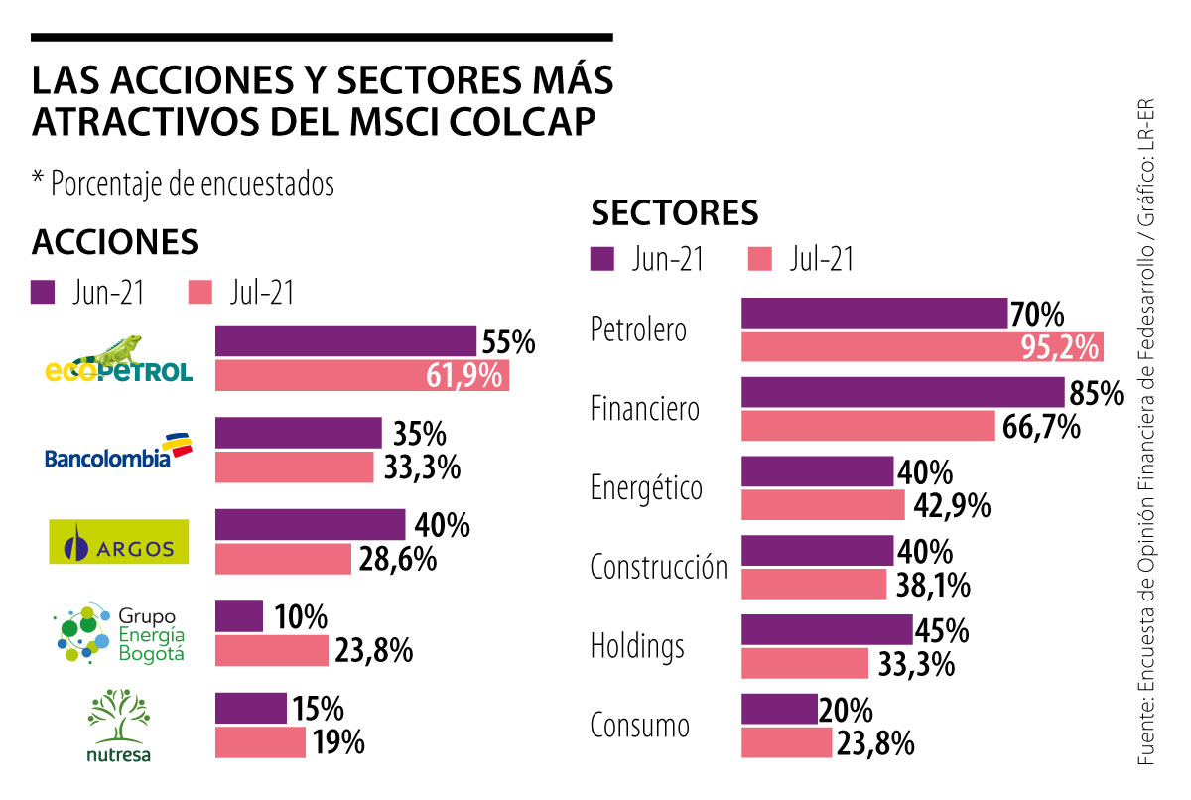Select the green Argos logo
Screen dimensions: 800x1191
coord(118,541)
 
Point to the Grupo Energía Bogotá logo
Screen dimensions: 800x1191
coord(121,633)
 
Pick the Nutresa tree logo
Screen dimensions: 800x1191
coord(118,728)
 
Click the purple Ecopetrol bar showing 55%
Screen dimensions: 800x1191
coord(345,340)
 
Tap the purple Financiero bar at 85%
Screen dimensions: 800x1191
coord(902,392)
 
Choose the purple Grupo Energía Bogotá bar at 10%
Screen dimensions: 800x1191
coord(239,616)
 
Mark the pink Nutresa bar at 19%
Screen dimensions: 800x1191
coord(260,742)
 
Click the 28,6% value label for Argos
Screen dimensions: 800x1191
coord(397,559)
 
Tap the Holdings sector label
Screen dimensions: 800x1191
coord(637,646)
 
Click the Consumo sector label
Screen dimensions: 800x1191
coord(639,725)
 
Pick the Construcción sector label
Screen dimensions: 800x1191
coord(658,568)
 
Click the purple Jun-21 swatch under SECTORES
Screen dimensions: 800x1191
coord(603,259)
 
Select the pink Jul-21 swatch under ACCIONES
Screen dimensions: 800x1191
coord(199,293)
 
